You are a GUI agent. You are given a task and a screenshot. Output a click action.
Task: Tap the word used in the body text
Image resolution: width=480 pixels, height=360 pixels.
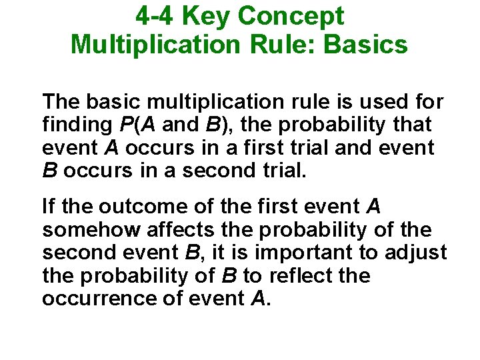tap(376, 102)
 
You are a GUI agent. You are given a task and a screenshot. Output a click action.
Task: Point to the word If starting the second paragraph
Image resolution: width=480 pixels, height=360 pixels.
tap(48, 207)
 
